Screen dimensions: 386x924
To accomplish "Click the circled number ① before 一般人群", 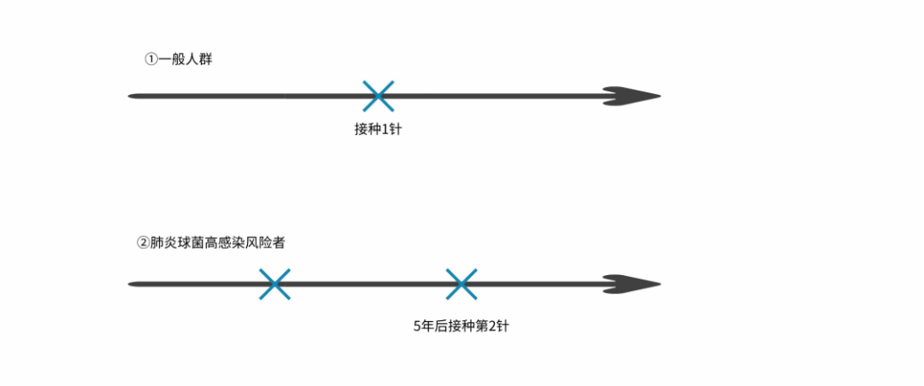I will (x=151, y=59).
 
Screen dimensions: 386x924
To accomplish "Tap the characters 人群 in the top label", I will (x=199, y=59).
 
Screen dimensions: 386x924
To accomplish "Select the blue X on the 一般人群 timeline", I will (x=378, y=95).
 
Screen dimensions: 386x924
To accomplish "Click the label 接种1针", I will (x=378, y=130).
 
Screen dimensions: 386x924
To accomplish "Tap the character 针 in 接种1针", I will (x=397, y=130).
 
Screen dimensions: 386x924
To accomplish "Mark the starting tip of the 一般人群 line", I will (x=131, y=95).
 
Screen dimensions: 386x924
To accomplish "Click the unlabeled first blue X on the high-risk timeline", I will (x=275, y=284).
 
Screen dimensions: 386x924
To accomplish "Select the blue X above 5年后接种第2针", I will (x=461, y=284).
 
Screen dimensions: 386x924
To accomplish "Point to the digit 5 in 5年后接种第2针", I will (x=418, y=326).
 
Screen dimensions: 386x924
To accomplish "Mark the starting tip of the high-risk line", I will (x=131, y=284).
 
